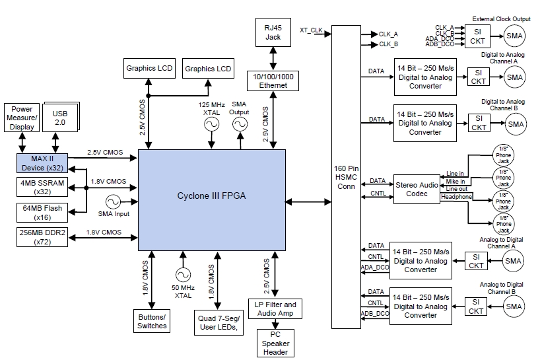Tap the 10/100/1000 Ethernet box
point(273,81)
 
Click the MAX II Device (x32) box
point(42,162)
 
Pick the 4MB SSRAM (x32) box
point(42,187)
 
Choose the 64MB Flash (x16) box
point(42,212)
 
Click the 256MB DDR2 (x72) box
point(42,236)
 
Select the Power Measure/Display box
point(22,118)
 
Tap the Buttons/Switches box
point(151,321)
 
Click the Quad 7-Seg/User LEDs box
point(217,321)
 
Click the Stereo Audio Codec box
point(417,189)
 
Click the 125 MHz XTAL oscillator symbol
point(212,123)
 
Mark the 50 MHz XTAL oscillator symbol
point(183,274)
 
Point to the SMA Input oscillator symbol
point(113,201)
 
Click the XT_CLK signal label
point(311,30)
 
